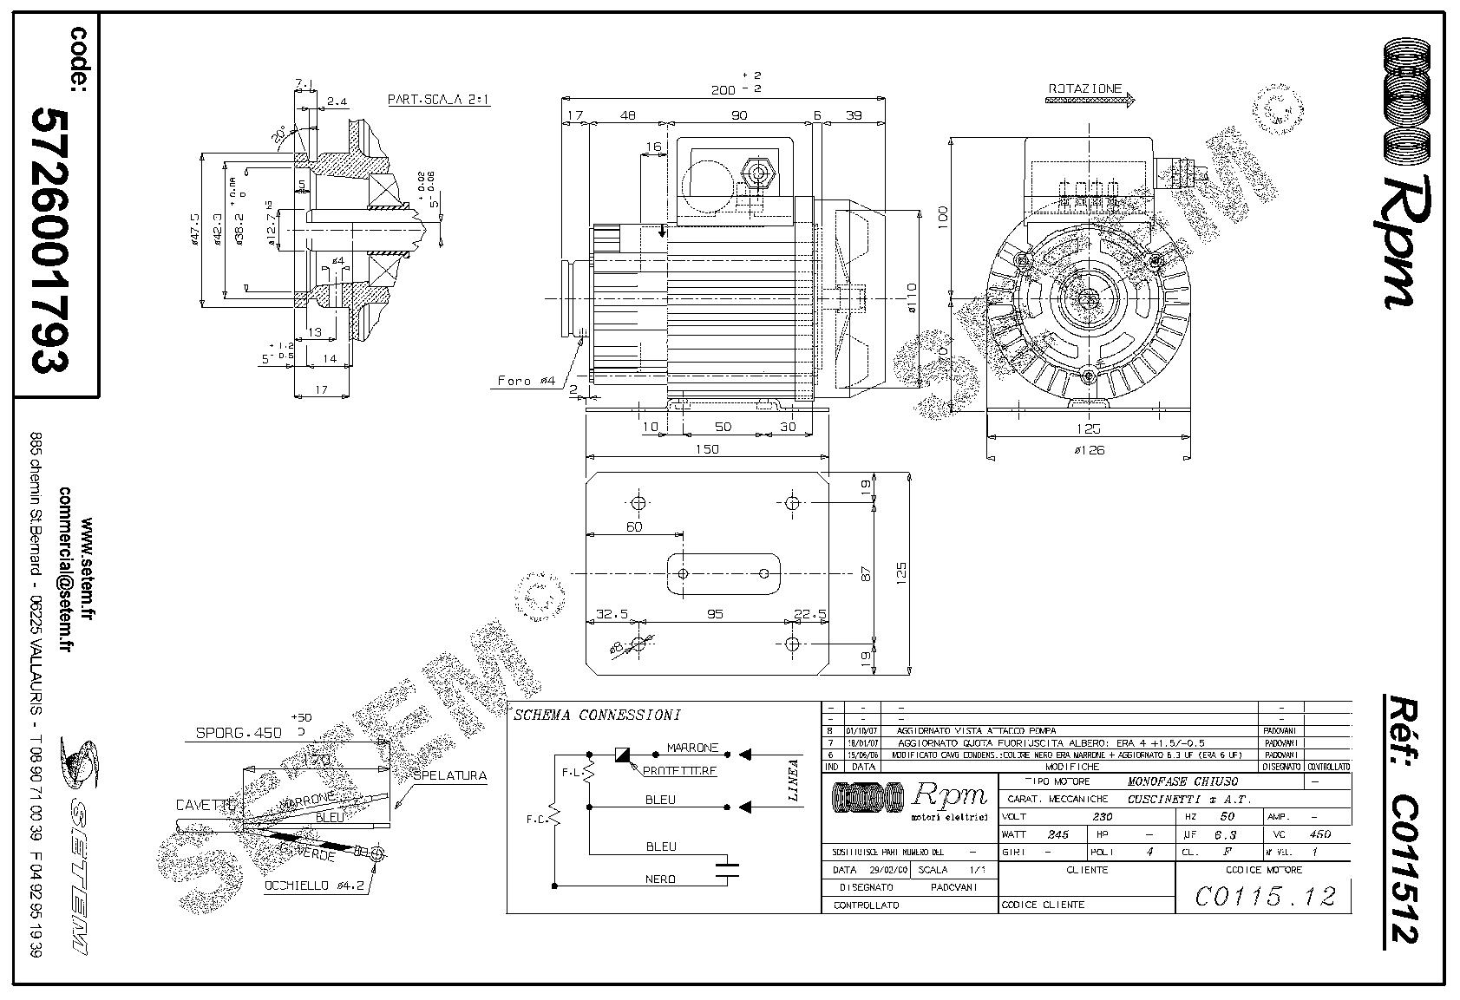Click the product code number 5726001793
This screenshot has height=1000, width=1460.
(50, 240)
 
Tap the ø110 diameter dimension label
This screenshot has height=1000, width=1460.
(912, 297)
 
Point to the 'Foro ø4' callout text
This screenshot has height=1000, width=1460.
(527, 381)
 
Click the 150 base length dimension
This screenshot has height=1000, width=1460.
(707, 449)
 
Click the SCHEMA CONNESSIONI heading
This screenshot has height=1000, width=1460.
(597, 716)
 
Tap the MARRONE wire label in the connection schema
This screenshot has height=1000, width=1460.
(692, 748)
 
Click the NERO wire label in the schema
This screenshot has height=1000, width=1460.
(660, 879)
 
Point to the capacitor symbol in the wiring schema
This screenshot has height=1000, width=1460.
(727, 870)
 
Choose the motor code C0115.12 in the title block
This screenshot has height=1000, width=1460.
(1265, 896)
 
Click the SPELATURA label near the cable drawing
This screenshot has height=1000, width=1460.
(449, 776)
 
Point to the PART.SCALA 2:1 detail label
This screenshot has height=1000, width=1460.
(438, 100)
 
